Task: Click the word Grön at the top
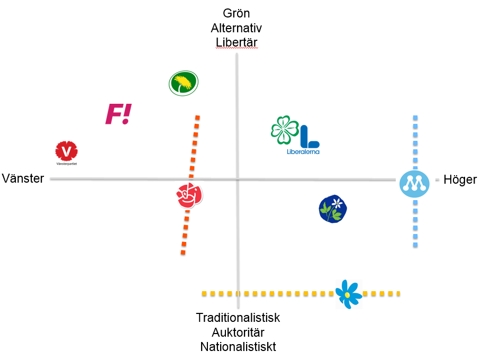(x=237, y=13)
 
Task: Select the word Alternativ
(x=237, y=28)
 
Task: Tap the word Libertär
(x=237, y=42)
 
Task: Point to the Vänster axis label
(x=23, y=178)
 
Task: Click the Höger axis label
(x=460, y=179)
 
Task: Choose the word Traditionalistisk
(x=238, y=318)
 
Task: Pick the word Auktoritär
(x=238, y=332)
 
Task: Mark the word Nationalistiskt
(x=238, y=347)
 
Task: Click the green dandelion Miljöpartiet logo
(x=184, y=83)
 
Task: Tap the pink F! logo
(x=118, y=114)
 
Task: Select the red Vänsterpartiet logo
(x=67, y=151)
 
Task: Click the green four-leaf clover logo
(x=285, y=130)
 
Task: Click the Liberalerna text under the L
(x=303, y=152)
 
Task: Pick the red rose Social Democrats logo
(x=189, y=195)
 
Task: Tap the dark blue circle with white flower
(x=333, y=209)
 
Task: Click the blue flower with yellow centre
(x=348, y=293)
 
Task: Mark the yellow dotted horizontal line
(x=265, y=293)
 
